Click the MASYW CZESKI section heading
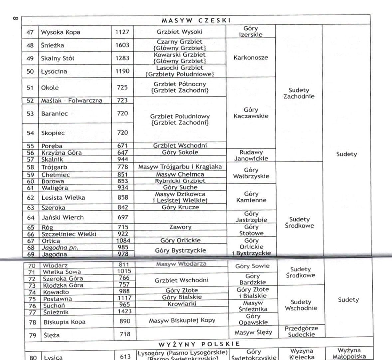click(x=196, y=20)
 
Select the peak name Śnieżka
click(x=52, y=45)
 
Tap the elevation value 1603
click(x=122, y=45)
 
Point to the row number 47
click(x=30, y=32)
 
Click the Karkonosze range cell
click(x=250, y=58)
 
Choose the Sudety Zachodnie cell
click(x=298, y=93)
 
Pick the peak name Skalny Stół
click(x=57, y=58)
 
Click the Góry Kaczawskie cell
click(x=251, y=113)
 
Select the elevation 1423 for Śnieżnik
click(x=125, y=311)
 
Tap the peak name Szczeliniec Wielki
click(x=69, y=234)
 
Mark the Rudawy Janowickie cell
click(x=251, y=155)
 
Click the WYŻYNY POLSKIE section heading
click(x=199, y=344)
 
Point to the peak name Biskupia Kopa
click(x=64, y=322)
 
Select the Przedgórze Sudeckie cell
click(x=301, y=332)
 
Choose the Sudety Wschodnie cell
click(x=301, y=305)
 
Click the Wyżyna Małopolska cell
click(x=349, y=353)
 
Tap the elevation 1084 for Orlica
click(x=123, y=241)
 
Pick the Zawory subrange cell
click(x=180, y=227)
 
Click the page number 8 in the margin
click(x=15, y=18)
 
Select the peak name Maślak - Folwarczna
click(x=72, y=101)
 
